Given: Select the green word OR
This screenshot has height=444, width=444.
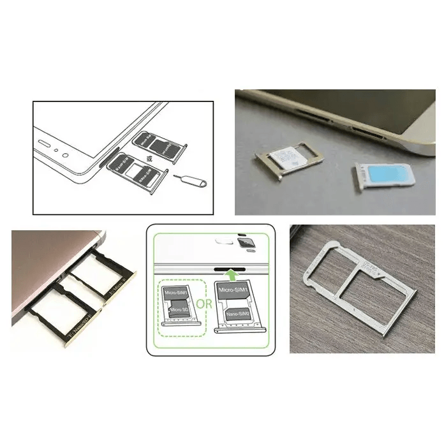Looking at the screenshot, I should [x=204, y=304].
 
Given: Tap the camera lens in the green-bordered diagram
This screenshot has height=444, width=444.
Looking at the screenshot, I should [x=243, y=243].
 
